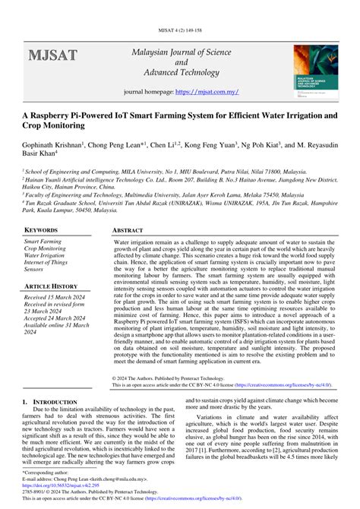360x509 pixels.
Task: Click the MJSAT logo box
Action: click(x=53, y=55)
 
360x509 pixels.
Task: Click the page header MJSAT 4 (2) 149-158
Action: click(x=179, y=8)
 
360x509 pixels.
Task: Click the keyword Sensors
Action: click(x=34, y=269)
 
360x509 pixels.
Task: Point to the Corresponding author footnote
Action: click(x=48, y=471)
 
